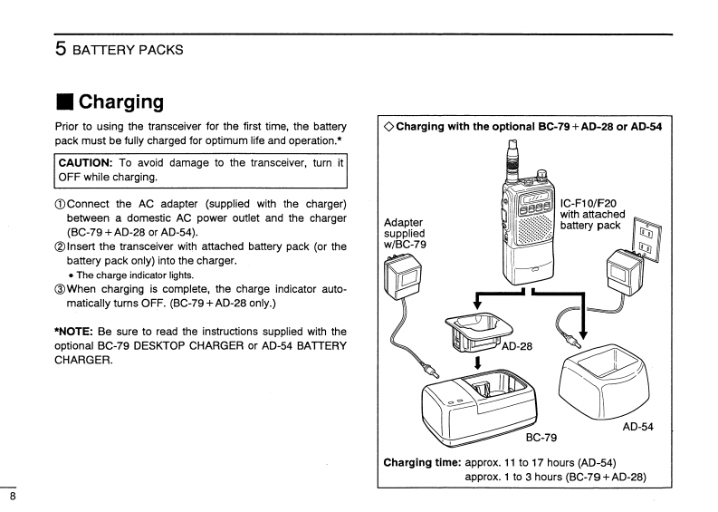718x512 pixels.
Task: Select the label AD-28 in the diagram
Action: click(x=516, y=346)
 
